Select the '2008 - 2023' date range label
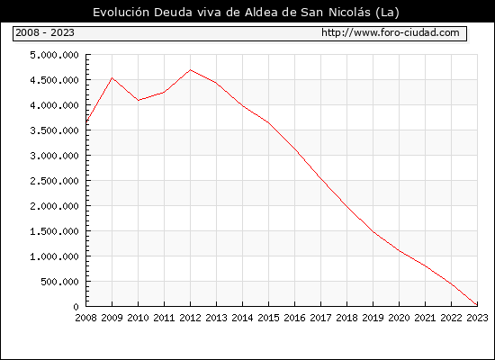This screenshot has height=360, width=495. click(45, 32)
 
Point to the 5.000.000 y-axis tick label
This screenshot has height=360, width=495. click(54, 55)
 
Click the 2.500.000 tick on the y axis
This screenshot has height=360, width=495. click(54, 181)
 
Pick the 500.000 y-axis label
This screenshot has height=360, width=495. click(59, 282)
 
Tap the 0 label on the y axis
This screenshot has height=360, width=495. click(76, 307)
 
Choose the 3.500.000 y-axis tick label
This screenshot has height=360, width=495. click(54, 130)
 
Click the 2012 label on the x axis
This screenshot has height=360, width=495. click(190, 318)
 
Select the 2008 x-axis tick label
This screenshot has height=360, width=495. click(85, 318)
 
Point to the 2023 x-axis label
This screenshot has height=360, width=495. click(477, 318)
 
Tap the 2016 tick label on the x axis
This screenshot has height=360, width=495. click(294, 318)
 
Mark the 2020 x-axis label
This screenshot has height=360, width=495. click(399, 318)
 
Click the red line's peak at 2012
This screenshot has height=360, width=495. click(190, 70)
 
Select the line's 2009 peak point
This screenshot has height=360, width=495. click(112, 77)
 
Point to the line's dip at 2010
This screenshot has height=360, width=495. click(139, 101)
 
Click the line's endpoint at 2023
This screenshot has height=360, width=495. click(477, 305)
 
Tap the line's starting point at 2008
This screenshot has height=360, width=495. click(86, 121)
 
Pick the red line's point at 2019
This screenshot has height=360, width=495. click(373, 232)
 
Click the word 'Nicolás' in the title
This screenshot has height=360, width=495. click(349, 13)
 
